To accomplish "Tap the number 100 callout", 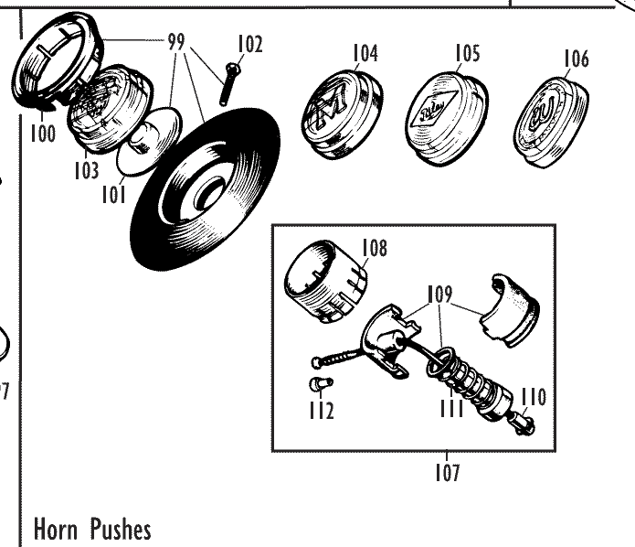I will click(x=42, y=134).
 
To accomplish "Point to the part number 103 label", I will click(x=87, y=170).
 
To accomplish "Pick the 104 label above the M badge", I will click(x=365, y=54).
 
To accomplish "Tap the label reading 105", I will click(x=467, y=54).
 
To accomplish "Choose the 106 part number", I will click(x=576, y=59).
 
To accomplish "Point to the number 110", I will click(x=534, y=396).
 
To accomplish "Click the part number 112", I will click(x=320, y=410).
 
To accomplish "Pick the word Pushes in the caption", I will click(x=122, y=529).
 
